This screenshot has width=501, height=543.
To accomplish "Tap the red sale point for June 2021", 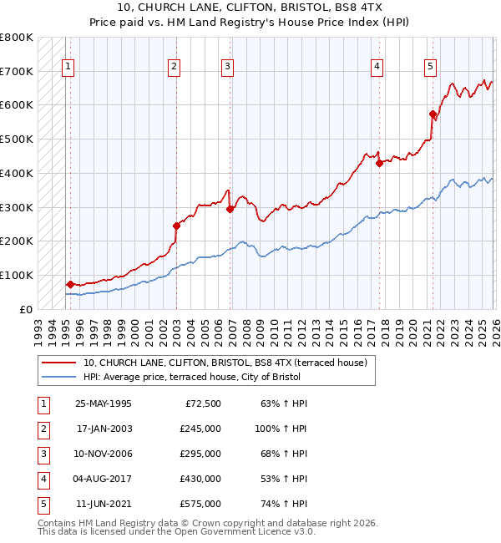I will (x=433, y=114).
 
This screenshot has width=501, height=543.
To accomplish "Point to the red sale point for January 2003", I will (x=176, y=225).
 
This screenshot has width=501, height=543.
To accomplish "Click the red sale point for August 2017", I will (x=379, y=163).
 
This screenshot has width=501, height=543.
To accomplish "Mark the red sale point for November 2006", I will (x=230, y=209).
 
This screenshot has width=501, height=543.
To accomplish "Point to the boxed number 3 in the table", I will (x=43, y=454).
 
